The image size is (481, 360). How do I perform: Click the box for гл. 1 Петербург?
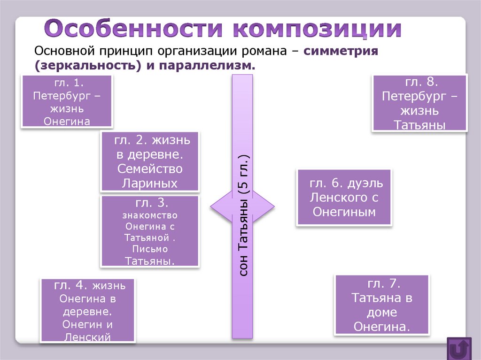(67, 101)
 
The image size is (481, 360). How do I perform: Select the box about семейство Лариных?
(149, 161)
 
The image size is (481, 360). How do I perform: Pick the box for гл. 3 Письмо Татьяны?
(150, 231)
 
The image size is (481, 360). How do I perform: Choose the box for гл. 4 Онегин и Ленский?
(88, 310)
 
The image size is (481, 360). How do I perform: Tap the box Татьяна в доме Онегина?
(382, 305)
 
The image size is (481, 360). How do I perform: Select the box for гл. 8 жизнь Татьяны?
(419, 103)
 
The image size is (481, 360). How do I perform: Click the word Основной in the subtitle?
(62, 51)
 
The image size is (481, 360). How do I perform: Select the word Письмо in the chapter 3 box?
(150, 248)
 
